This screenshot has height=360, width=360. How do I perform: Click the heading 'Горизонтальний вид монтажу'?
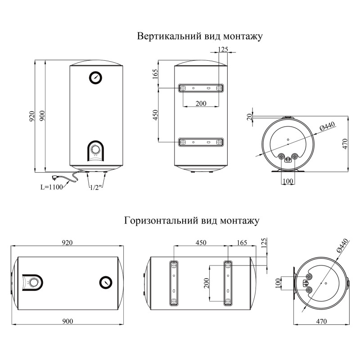tap(192, 221)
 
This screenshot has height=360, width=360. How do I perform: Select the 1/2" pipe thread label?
tap(95, 187)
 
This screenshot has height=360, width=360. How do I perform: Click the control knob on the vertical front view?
tap(95, 149)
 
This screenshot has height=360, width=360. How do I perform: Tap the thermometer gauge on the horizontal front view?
tap(105, 282)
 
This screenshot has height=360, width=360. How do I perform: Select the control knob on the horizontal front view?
tap(32, 283)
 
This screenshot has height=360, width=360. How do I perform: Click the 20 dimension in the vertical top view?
tap(249, 117)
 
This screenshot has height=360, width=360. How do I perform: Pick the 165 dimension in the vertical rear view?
tap(155, 73)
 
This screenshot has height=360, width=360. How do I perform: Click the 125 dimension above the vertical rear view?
tap(222, 49)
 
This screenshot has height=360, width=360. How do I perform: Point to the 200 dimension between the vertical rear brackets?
tap(201, 103)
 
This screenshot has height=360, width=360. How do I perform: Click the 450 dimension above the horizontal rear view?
tap(200, 243)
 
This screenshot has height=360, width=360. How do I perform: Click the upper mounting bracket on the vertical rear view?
tap(201, 88)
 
